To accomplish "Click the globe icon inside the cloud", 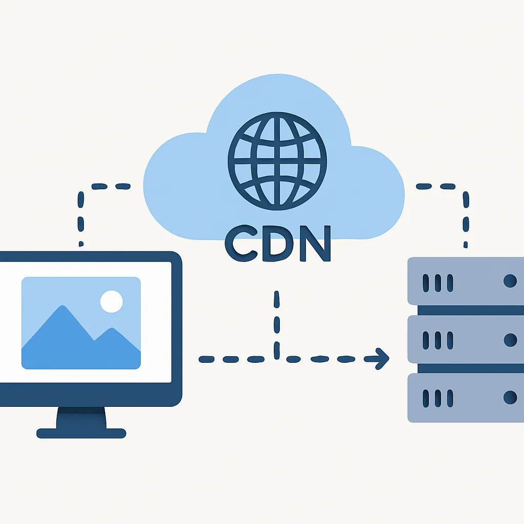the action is (277, 161).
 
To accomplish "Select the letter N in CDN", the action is (315, 243).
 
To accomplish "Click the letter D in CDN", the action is (278, 243).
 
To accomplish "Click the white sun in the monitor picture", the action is (112, 301).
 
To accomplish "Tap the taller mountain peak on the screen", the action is (62, 306).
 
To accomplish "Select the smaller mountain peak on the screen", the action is (112, 329).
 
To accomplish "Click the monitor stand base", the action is (81, 433).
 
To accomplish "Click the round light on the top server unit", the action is (510, 281).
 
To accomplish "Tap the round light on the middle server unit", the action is (510, 340).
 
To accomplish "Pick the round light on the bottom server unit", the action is (510, 398).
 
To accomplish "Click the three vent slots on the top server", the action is (438, 283).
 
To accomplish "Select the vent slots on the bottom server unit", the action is (438, 398).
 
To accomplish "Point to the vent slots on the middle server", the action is (438, 340).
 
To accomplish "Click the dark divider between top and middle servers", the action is (471, 310).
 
